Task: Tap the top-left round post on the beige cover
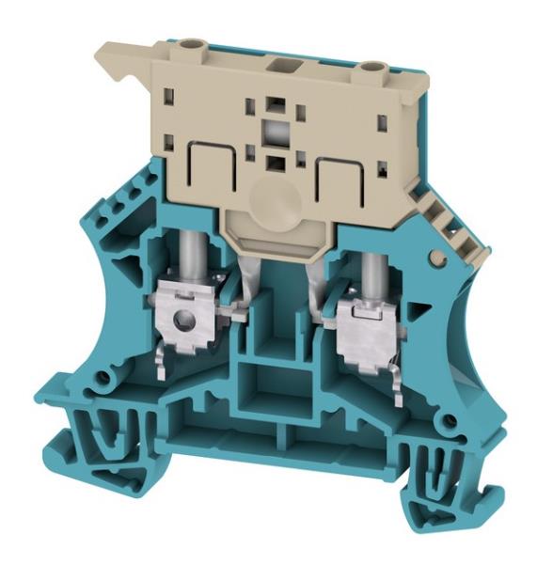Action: pos(196,44)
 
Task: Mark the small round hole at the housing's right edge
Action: pos(434,257)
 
